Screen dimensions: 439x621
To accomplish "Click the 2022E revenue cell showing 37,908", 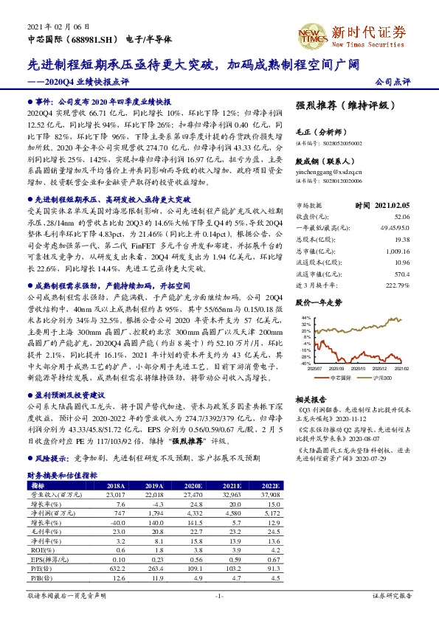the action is click(x=271, y=495).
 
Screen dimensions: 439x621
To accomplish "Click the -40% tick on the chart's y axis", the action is click(x=305, y=363).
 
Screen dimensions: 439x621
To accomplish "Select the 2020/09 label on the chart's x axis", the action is click(x=338, y=367).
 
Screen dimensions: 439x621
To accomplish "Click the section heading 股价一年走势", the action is click(x=319, y=302).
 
